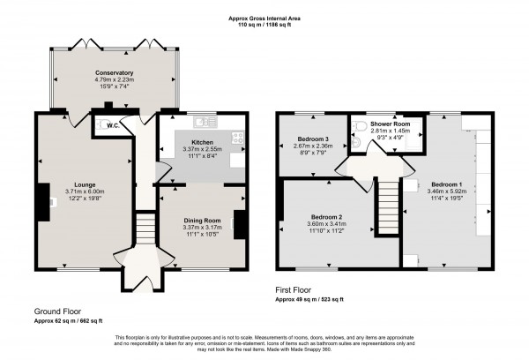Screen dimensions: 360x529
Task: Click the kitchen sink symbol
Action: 205,120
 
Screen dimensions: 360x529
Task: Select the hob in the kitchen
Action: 236,137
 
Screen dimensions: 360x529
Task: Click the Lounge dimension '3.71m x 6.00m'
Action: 85,193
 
